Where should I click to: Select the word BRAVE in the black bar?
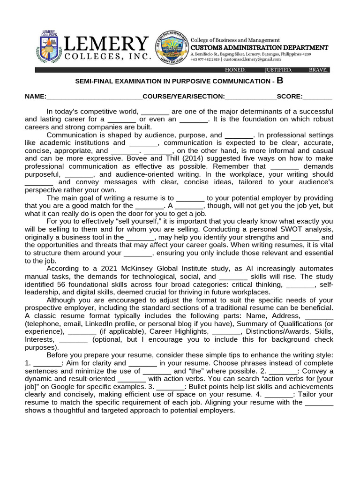click(x=318, y=70)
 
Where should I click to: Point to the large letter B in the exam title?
click(x=280, y=81)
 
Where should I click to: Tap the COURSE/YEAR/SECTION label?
click(x=184, y=97)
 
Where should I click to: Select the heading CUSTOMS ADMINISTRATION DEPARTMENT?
click(x=259, y=48)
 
